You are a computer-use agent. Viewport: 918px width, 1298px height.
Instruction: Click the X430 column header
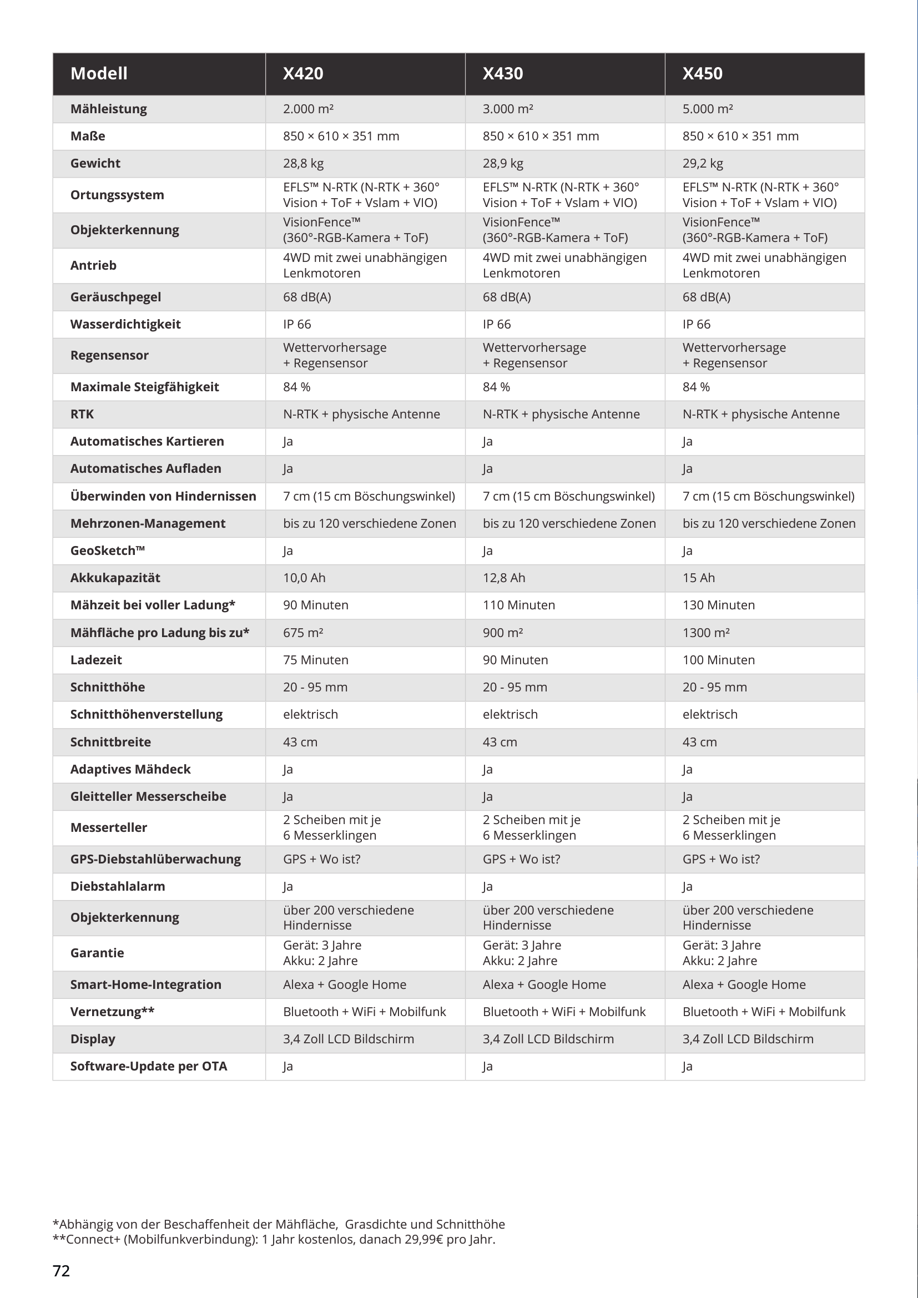[x=502, y=73]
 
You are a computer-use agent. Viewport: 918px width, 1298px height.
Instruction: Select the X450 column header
[x=702, y=73]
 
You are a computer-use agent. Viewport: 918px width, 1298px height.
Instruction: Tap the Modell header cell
[x=99, y=73]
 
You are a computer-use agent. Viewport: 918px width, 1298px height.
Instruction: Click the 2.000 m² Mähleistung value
[x=308, y=109]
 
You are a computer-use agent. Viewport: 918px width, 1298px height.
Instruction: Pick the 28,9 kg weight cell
[x=502, y=163]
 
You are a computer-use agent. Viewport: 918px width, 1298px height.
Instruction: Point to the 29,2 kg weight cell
[x=703, y=163]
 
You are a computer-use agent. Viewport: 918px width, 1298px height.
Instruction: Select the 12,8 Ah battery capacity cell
[x=503, y=578]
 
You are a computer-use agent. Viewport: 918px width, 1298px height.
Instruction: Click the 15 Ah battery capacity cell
[x=699, y=578]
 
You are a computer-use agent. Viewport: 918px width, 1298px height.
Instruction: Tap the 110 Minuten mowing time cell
[x=518, y=605]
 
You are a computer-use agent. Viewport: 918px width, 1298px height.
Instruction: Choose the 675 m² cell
[x=303, y=633]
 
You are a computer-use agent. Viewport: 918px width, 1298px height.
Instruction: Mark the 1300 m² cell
[x=706, y=633]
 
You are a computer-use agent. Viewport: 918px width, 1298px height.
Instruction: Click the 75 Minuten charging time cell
[x=315, y=660]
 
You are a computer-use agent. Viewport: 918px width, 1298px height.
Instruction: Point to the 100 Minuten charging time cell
[x=718, y=660]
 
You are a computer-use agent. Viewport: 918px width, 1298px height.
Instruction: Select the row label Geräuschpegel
[x=115, y=297]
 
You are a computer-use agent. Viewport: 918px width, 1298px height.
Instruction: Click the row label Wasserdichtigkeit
[x=125, y=324]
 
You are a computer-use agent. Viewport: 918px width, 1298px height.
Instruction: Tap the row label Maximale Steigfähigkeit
[x=144, y=387]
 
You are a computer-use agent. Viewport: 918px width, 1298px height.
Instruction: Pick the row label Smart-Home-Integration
[x=145, y=984]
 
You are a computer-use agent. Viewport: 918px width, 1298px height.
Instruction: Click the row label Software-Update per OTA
[x=149, y=1066]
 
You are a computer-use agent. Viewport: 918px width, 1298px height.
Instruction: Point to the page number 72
[x=61, y=1271]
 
